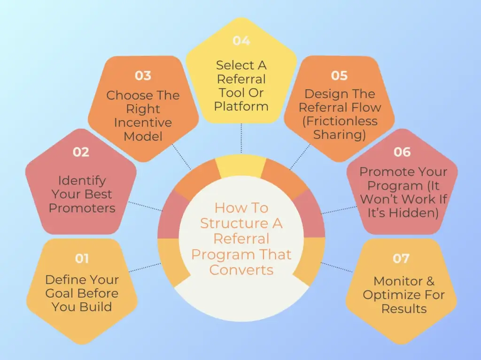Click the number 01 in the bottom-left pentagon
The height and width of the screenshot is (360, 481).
pyautogui.click(x=82, y=259)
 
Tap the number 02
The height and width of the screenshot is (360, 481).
pyautogui.click(x=81, y=152)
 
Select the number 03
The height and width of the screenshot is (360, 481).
pyautogui.click(x=143, y=76)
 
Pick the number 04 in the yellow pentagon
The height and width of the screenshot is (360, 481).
pyautogui.click(x=241, y=41)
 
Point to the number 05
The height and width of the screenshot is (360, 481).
pyautogui.click(x=339, y=76)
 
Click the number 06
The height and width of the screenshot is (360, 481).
pyautogui.click(x=402, y=152)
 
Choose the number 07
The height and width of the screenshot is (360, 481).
pyautogui.click(x=401, y=259)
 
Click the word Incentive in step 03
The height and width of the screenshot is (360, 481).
pyautogui.click(x=143, y=123)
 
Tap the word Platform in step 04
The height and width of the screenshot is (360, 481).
pyautogui.click(x=241, y=106)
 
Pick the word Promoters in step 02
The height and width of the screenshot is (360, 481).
pyautogui.click(x=82, y=208)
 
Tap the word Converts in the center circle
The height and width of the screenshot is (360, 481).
pyautogui.click(x=241, y=270)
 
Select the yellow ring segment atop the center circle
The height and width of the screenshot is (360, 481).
pyautogui.click(x=241, y=167)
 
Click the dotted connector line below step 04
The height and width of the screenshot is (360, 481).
pyautogui.click(x=241, y=138)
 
